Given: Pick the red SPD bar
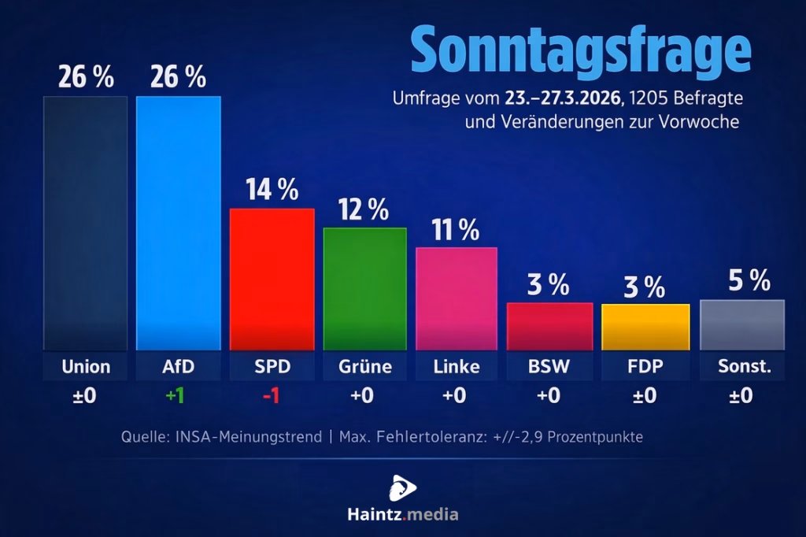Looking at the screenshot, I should tap(272, 279).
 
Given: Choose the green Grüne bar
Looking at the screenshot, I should tap(365, 288).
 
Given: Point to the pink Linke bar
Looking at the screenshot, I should tap(457, 298).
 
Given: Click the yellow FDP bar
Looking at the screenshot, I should tap(645, 327).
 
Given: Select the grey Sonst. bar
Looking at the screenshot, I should tap(741, 324).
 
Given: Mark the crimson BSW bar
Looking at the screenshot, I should tap(549, 326).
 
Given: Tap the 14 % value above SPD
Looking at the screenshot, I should tap(272, 190).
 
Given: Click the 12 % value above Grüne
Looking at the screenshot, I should tap(364, 209).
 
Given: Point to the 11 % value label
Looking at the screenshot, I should tap(455, 230).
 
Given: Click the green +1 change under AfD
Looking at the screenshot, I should tap(175, 395).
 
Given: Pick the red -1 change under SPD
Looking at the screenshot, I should tap(271, 395).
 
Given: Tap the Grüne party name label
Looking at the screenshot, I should tap(365, 367).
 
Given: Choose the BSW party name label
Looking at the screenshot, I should tap(549, 367).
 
